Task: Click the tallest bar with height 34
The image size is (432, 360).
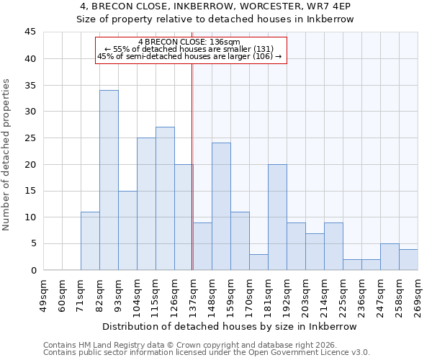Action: tap(109, 180)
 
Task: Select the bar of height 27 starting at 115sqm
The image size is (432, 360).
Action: tap(165, 199)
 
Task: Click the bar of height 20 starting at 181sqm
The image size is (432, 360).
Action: tap(277, 217)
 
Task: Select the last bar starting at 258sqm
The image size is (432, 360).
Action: tap(408, 259)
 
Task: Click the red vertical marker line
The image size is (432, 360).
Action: tap(192, 166)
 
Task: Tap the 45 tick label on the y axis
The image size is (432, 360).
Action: tap(30, 32)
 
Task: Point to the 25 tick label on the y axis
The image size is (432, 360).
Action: tap(30, 138)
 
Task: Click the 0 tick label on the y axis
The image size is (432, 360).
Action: tap(33, 270)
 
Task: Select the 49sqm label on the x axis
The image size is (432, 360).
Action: tap(42, 294)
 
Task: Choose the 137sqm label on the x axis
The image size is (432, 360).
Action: tap(192, 294)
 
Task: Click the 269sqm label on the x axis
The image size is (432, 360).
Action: tap(417, 294)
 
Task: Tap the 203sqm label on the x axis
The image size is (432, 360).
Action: tap(305, 294)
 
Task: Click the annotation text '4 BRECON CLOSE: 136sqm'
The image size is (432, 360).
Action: tap(189, 42)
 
